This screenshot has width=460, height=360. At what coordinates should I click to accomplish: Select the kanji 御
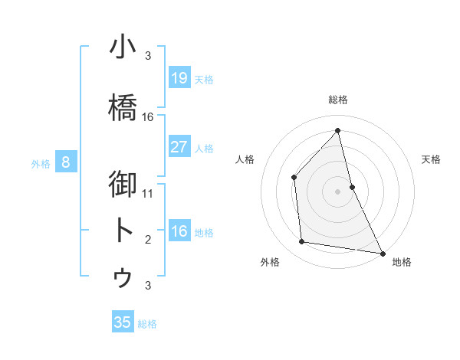click(124, 185)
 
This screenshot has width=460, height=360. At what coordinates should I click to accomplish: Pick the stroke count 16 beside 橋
click(148, 117)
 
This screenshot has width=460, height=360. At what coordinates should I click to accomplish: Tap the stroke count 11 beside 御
click(148, 193)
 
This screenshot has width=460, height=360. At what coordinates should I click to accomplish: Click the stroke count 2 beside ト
click(148, 240)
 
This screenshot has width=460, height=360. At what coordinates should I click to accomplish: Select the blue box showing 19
click(179, 78)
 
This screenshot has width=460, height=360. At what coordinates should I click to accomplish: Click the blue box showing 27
click(179, 147)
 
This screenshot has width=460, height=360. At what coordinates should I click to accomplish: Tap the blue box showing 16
click(179, 231)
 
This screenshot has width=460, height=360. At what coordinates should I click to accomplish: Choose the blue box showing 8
click(66, 162)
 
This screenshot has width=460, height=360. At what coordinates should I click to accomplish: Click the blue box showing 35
click(123, 322)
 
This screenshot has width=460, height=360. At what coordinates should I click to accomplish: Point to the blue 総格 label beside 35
click(147, 324)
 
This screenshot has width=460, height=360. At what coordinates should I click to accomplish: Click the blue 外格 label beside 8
click(40, 163)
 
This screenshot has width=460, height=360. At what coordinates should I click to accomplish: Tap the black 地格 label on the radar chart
click(402, 262)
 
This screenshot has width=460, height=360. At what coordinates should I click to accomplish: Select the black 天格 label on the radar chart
click(432, 159)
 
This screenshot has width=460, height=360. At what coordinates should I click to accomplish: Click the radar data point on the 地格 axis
click(382, 253)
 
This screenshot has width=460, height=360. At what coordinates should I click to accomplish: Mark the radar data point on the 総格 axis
click(337, 130)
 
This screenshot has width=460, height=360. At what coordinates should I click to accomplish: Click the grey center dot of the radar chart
click(337, 191)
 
